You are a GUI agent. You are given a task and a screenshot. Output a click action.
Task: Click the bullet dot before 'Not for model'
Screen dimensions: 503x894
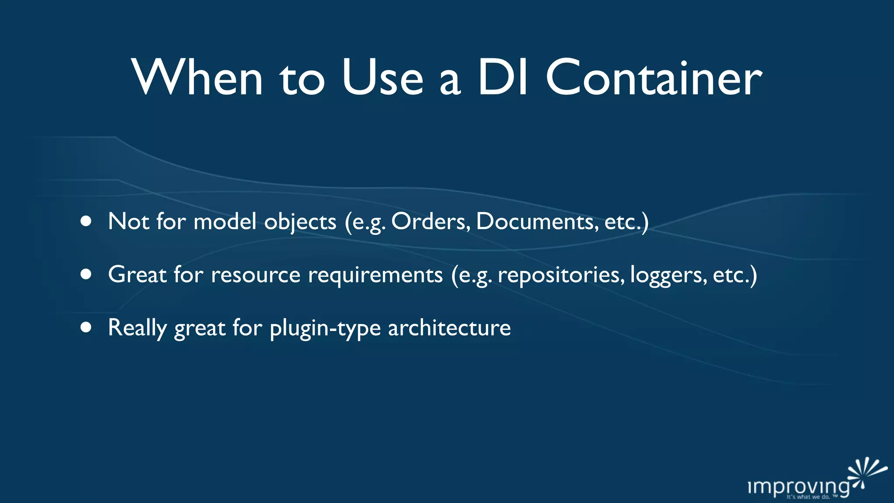click(86, 221)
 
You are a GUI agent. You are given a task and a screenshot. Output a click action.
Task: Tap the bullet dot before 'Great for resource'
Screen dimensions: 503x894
click(86, 274)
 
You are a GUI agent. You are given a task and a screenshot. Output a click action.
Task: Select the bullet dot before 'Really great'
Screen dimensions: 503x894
click(86, 327)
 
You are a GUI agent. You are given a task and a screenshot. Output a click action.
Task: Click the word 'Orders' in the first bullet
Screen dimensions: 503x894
click(430, 221)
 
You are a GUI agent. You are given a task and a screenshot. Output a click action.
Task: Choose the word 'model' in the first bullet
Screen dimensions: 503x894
click(225, 221)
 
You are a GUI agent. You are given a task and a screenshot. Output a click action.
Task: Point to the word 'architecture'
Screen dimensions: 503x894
click(449, 327)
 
